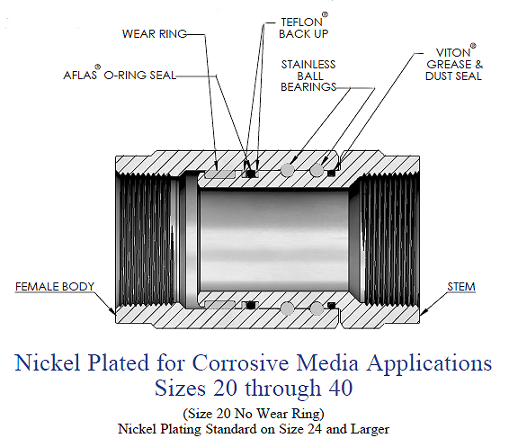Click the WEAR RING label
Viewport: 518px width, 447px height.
pyautogui.click(x=155, y=33)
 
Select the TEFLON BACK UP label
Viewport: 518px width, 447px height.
pyautogui.click(x=304, y=26)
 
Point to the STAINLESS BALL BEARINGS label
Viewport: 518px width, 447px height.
pyautogui.click(x=308, y=76)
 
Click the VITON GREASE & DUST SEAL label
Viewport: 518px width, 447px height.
pyautogui.click(x=454, y=63)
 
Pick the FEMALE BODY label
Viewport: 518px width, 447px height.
pyautogui.click(x=55, y=286)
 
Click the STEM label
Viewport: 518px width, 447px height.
pyautogui.click(x=461, y=286)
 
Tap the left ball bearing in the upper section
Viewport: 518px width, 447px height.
pyautogui.click(x=287, y=170)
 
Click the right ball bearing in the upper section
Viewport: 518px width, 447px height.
pyautogui.click(x=317, y=170)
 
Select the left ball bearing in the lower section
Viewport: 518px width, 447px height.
pyautogui.click(x=287, y=308)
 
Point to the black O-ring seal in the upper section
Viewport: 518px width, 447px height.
pyautogui.click(x=252, y=173)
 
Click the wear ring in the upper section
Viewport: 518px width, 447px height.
pyautogui.click(x=219, y=174)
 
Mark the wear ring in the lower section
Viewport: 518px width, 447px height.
pyautogui.click(x=219, y=305)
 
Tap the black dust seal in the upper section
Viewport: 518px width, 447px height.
pyautogui.click(x=331, y=173)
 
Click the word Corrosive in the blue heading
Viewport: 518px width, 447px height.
pyautogui.click(x=240, y=363)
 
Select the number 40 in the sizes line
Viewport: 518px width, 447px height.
pyautogui.click(x=341, y=388)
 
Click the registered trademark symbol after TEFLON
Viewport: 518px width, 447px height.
pyautogui.click(x=325, y=15)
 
